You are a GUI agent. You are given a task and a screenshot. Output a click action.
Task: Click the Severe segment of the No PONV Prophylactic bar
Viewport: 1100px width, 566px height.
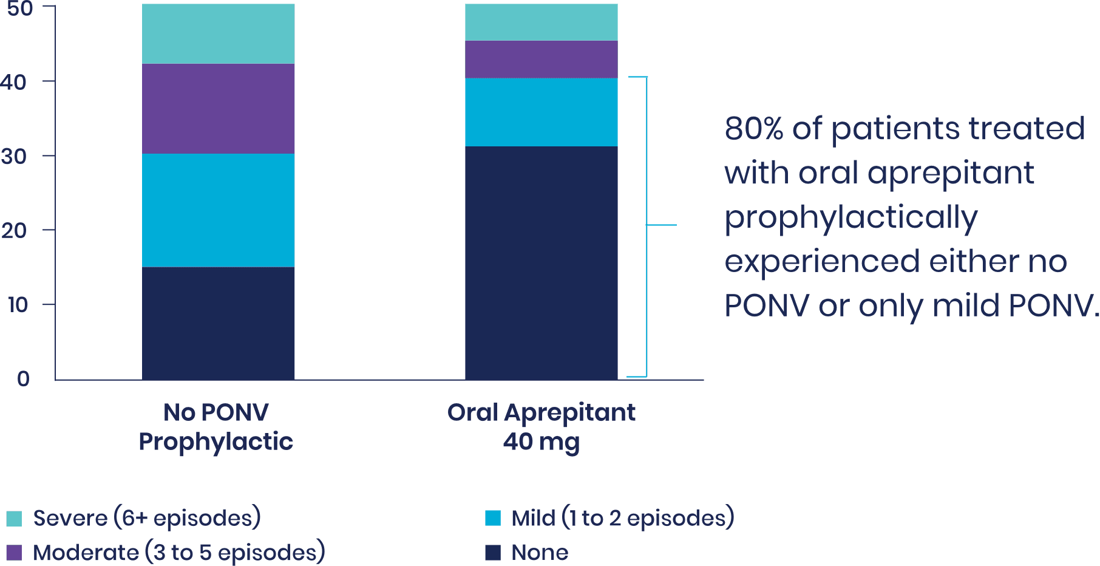pos(218,34)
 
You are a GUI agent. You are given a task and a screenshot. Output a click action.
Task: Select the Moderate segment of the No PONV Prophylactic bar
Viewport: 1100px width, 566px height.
pos(218,109)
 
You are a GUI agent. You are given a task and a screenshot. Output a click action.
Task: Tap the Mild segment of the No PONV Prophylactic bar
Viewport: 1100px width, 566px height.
pos(218,210)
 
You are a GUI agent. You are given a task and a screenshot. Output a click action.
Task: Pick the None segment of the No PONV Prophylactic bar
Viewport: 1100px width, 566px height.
pos(218,323)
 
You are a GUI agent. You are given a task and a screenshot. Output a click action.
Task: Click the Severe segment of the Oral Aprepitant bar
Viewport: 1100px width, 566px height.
pos(541,22)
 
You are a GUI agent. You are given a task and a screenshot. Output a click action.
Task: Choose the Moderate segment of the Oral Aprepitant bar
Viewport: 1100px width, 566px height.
pos(541,60)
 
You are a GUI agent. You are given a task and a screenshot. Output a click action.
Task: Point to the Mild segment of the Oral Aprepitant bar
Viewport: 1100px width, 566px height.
pos(541,112)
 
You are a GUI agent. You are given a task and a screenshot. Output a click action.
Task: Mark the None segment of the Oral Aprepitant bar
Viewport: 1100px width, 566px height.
pos(541,262)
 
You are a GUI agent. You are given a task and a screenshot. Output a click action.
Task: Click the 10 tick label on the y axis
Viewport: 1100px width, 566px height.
pos(18,305)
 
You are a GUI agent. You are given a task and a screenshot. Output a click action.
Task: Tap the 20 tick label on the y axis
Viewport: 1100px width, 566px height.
pos(16,231)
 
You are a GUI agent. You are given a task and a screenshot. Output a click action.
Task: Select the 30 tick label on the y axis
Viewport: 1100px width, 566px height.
pos(16,157)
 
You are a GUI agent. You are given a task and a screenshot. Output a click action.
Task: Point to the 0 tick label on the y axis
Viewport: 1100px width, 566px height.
pos(23,379)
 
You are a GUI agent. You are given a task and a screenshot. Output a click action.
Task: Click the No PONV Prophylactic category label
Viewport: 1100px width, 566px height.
pos(216,427)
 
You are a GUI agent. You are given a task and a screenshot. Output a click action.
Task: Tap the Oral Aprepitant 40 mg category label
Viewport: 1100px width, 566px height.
pos(541,427)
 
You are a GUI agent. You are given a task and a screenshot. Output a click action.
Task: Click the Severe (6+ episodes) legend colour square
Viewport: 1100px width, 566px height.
pos(14,519)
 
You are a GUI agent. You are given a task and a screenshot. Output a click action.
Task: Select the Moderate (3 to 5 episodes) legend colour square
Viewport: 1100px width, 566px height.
pos(14,553)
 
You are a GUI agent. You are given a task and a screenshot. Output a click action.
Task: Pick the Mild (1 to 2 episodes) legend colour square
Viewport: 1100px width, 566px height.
pos(493,519)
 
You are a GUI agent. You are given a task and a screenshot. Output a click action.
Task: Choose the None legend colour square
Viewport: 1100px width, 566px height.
pos(493,553)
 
